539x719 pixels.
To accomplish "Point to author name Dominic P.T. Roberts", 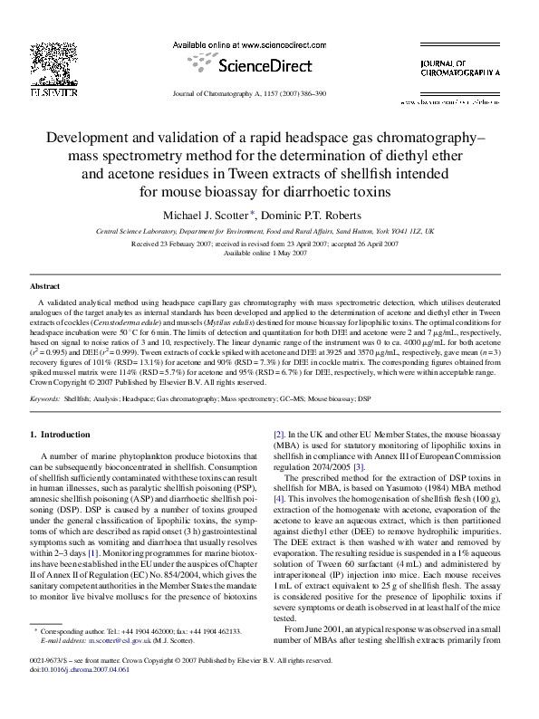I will (315, 216).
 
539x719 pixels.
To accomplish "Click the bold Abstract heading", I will (45, 286).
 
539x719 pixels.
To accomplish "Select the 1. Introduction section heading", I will (61, 436).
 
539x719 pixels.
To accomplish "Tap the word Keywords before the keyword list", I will (45, 398).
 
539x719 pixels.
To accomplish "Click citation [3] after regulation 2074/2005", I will (359, 492).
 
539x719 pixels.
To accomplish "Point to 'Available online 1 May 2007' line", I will (268, 254).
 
